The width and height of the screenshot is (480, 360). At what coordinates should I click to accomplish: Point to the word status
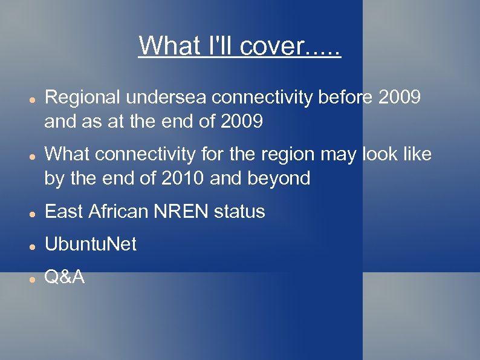[241, 211]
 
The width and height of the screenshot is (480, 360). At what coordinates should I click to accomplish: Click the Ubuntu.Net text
[91, 244]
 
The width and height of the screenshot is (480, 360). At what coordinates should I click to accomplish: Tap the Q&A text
[65, 277]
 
